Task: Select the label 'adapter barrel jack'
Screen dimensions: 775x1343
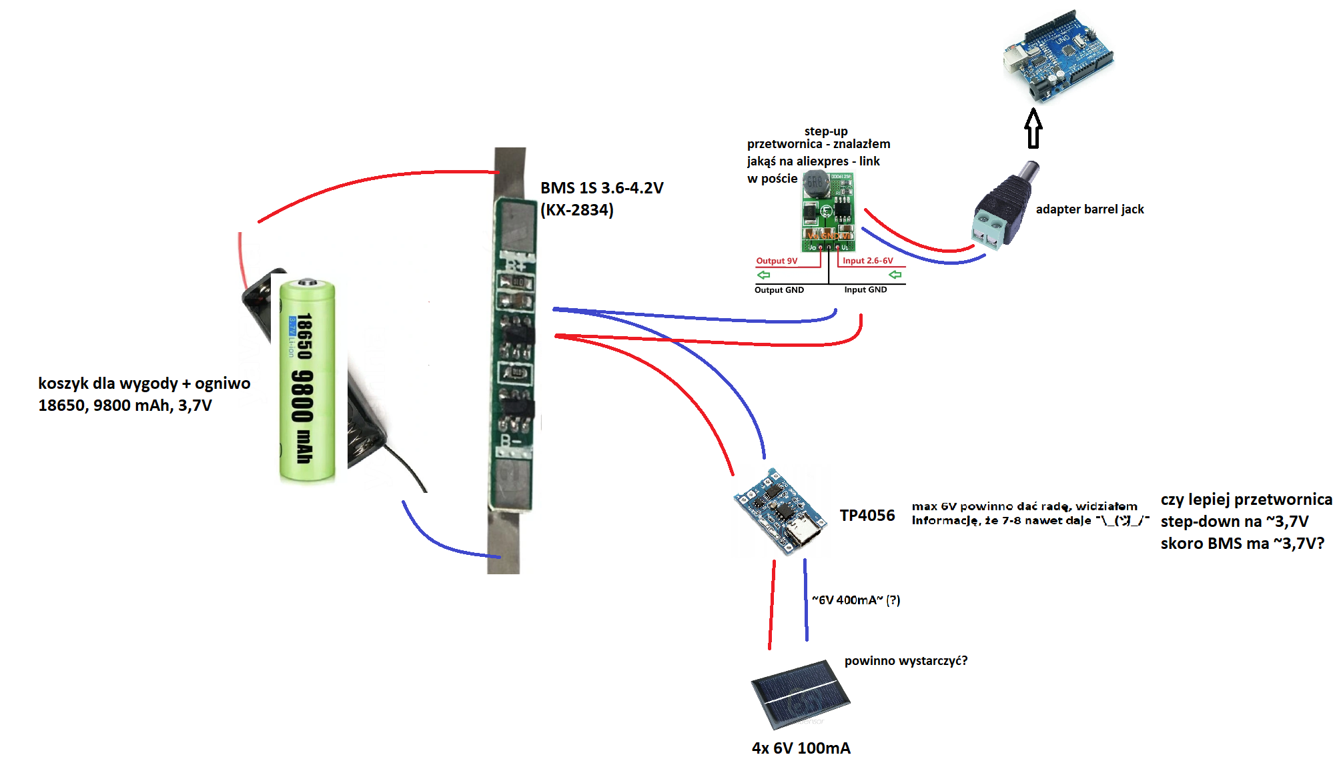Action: tap(1089, 209)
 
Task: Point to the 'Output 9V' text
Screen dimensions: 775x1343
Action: tap(777, 261)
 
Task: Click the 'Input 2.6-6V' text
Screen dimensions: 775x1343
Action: tap(867, 261)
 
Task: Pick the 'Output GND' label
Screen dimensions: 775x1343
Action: tap(779, 290)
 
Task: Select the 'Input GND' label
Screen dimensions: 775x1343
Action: tap(865, 289)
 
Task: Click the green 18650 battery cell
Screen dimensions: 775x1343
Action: tap(307, 380)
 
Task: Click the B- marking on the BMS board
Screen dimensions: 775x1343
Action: tap(510, 441)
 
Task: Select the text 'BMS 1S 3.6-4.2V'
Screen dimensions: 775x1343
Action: tap(602, 188)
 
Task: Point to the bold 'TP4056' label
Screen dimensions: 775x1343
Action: tap(867, 516)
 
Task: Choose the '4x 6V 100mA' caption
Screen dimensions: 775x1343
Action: tap(801, 748)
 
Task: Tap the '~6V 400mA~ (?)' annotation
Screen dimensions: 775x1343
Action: tap(856, 600)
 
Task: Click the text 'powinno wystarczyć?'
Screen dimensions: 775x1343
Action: tap(905, 661)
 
